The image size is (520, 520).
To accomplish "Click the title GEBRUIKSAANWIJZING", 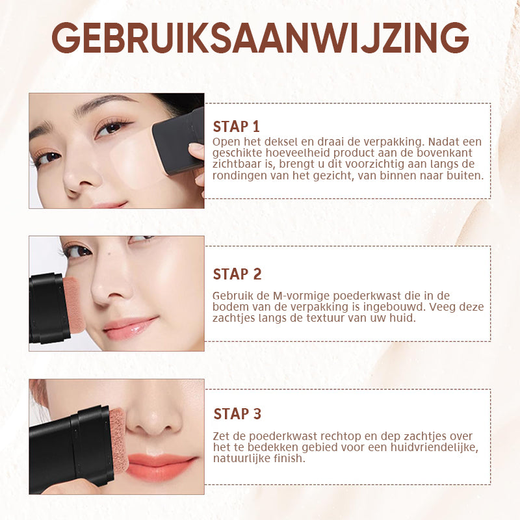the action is pyautogui.click(x=260, y=38).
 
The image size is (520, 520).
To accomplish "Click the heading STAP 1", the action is pyautogui.click(x=236, y=127).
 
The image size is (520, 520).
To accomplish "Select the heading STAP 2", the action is pyautogui.click(x=237, y=274).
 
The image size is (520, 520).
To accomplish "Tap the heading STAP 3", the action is pyautogui.click(x=237, y=414).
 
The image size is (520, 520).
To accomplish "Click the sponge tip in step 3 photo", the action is pyautogui.click(x=119, y=440).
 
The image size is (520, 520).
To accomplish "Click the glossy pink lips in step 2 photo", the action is pyautogui.click(x=129, y=328).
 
